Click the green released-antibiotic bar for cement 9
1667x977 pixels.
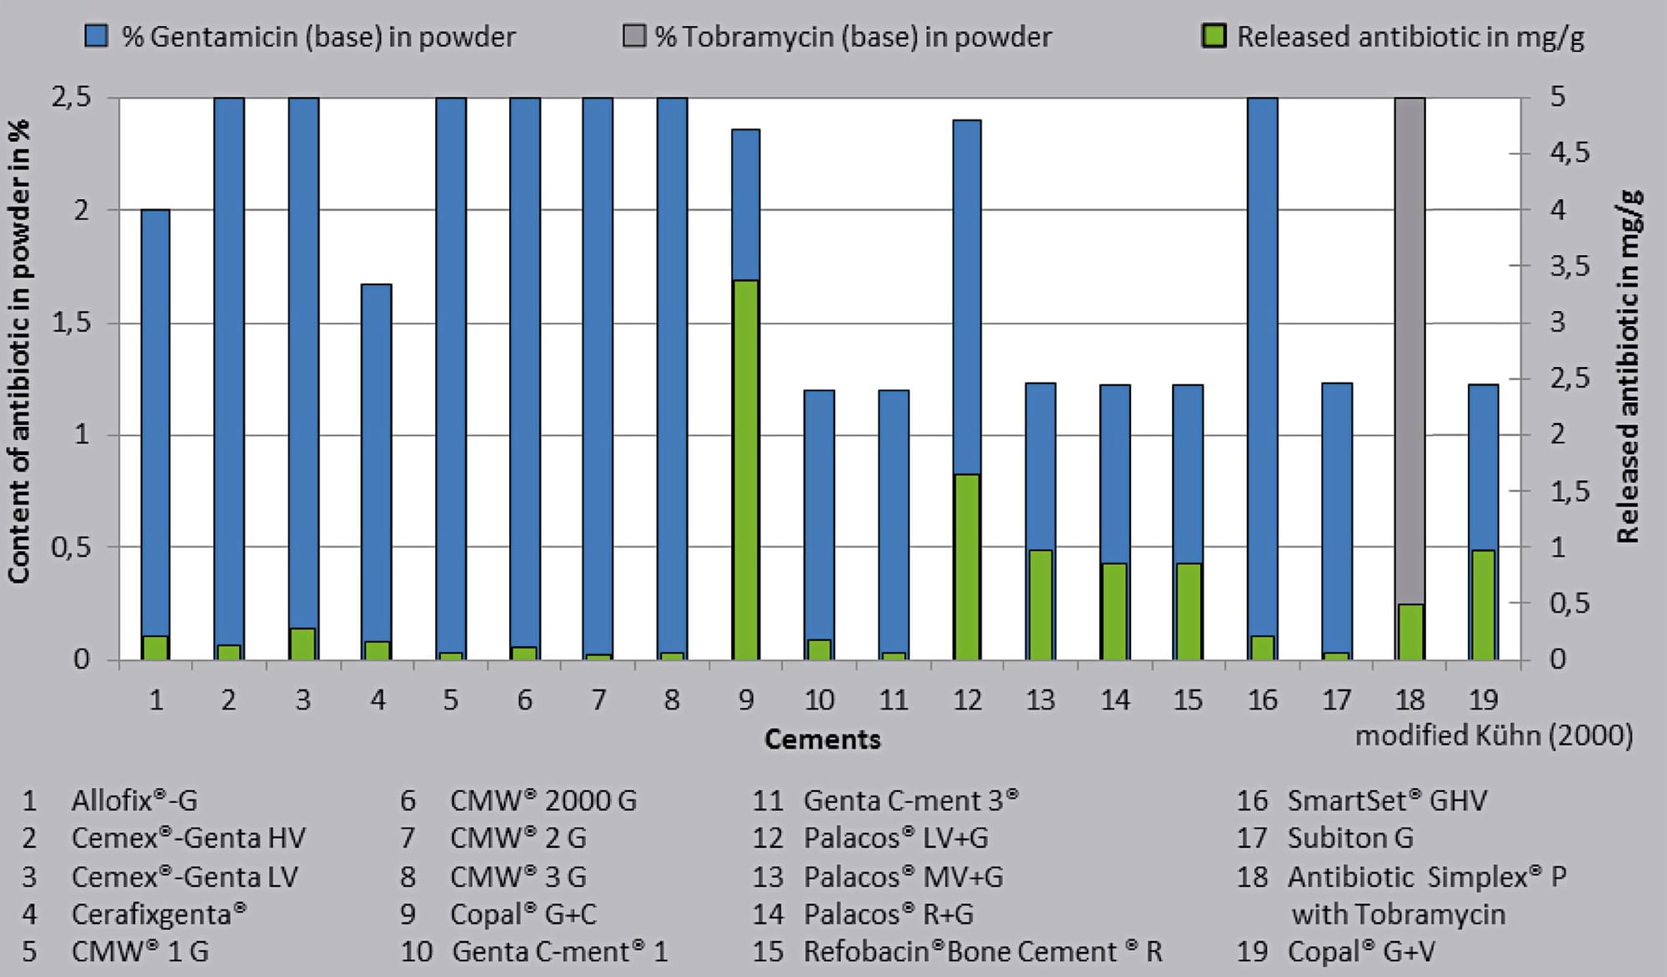pyautogui.click(x=745, y=470)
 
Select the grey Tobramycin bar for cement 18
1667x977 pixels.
pyautogui.click(x=1409, y=350)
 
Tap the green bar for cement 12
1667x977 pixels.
pyautogui.click(x=967, y=567)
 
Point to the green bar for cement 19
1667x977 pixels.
pyautogui.click(x=1483, y=604)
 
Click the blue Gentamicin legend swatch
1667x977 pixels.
pyautogui.click(x=97, y=36)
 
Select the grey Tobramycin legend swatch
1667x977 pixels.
pyautogui.click(x=634, y=36)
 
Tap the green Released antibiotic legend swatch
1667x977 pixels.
pyautogui.click(x=1214, y=36)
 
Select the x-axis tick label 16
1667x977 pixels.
pyautogui.click(x=1262, y=699)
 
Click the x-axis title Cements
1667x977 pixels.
pyautogui.click(x=822, y=739)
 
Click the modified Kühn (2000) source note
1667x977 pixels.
pyautogui.click(x=1494, y=735)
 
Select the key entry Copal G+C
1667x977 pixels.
pyautogui.click(x=523, y=914)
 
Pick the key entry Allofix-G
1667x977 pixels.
pyautogui.click(x=134, y=800)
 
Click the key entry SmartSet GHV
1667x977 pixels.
pyautogui.click(x=1386, y=800)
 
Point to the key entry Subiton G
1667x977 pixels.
pyautogui.click(x=1349, y=838)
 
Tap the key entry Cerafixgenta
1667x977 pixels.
pyautogui.click(x=158, y=914)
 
